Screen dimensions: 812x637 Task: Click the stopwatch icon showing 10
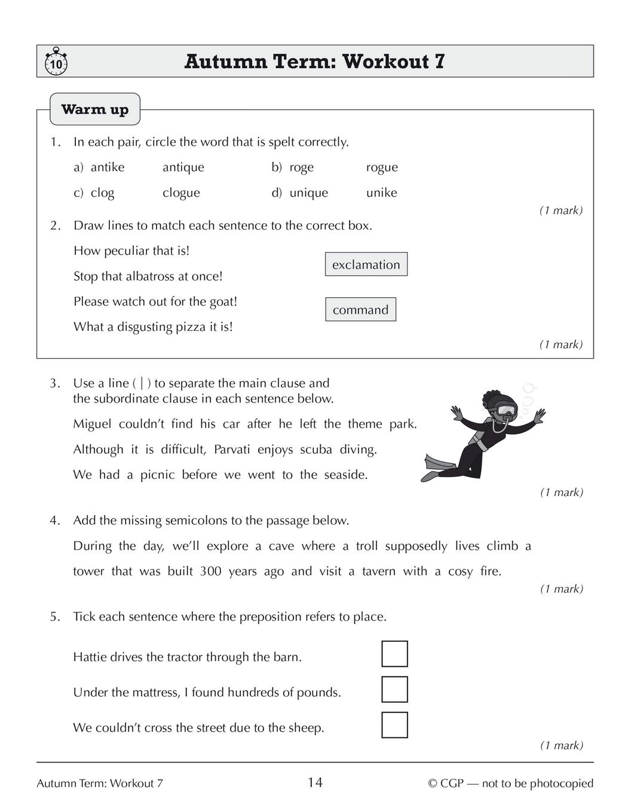pyautogui.click(x=56, y=62)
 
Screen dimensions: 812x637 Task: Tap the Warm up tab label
pyautogui.click(x=95, y=109)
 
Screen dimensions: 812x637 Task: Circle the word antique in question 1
pyautogui.click(x=183, y=168)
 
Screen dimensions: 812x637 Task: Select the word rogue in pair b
pyautogui.click(x=382, y=168)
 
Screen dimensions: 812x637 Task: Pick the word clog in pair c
pyautogui.click(x=102, y=193)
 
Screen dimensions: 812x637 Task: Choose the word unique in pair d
pyautogui.click(x=308, y=193)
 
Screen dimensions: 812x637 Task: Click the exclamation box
pyautogui.click(x=366, y=264)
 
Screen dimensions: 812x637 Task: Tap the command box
pyautogui.click(x=360, y=310)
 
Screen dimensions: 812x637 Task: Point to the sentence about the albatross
pyautogui.click(x=148, y=276)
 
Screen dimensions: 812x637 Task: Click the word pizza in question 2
pyautogui.click(x=189, y=327)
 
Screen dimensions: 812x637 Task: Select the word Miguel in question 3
pyautogui.click(x=92, y=424)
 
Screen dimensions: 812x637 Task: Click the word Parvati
pyautogui.click(x=232, y=450)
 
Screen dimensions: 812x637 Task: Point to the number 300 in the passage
pyautogui.click(x=210, y=571)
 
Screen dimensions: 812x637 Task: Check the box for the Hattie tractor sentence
pyautogui.click(x=394, y=654)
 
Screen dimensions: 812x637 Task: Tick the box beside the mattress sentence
pyautogui.click(x=394, y=690)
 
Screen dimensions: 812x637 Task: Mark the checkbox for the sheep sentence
pyautogui.click(x=394, y=725)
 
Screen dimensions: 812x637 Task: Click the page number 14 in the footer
pyautogui.click(x=315, y=783)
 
